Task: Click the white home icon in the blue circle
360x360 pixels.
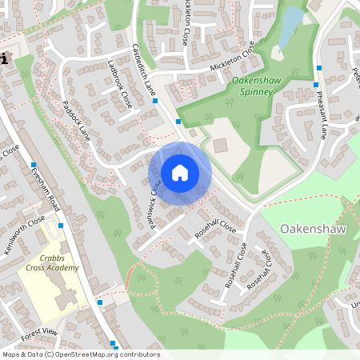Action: (x=180, y=172)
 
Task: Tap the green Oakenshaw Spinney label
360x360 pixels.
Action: (x=253, y=86)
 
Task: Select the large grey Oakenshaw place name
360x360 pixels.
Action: (x=313, y=229)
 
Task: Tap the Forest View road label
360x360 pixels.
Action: (x=40, y=331)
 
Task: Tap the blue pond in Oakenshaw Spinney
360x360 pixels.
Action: (x=291, y=18)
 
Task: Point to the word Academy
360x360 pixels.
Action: (x=62, y=268)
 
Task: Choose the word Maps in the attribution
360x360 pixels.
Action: (x=11, y=354)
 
